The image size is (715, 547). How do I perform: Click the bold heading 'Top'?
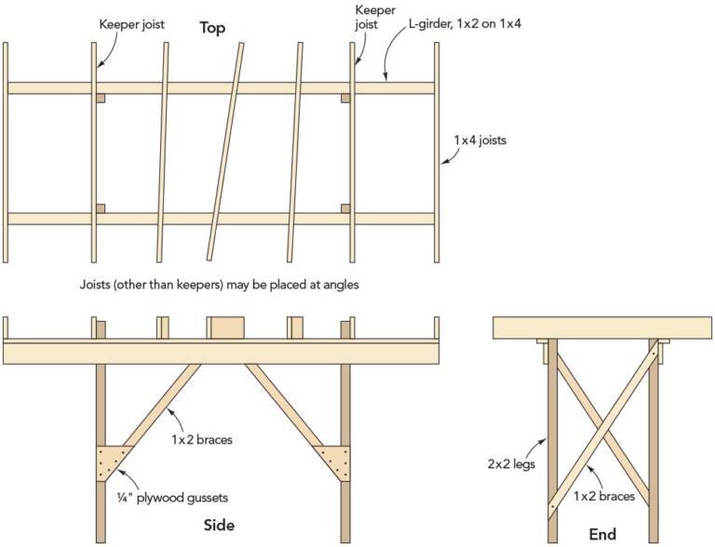click(x=213, y=27)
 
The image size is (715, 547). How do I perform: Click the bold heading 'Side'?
click(x=219, y=526)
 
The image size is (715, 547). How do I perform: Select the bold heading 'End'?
click(x=603, y=534)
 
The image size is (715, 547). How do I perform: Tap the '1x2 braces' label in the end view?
click(x=605, y=496)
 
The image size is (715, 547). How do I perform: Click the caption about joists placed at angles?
click(x=221, y=285)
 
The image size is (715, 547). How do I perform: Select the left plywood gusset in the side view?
click(x=111, y=460)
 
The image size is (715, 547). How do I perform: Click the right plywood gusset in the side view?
click(x=333, y=460)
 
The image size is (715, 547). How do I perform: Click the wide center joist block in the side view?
click(x=225, y=327)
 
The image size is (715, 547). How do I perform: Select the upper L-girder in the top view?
click(x=221, y=88)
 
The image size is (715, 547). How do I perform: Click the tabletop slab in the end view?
click(x=602, y=327)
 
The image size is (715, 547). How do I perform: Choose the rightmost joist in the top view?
click(x=437, y=153)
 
